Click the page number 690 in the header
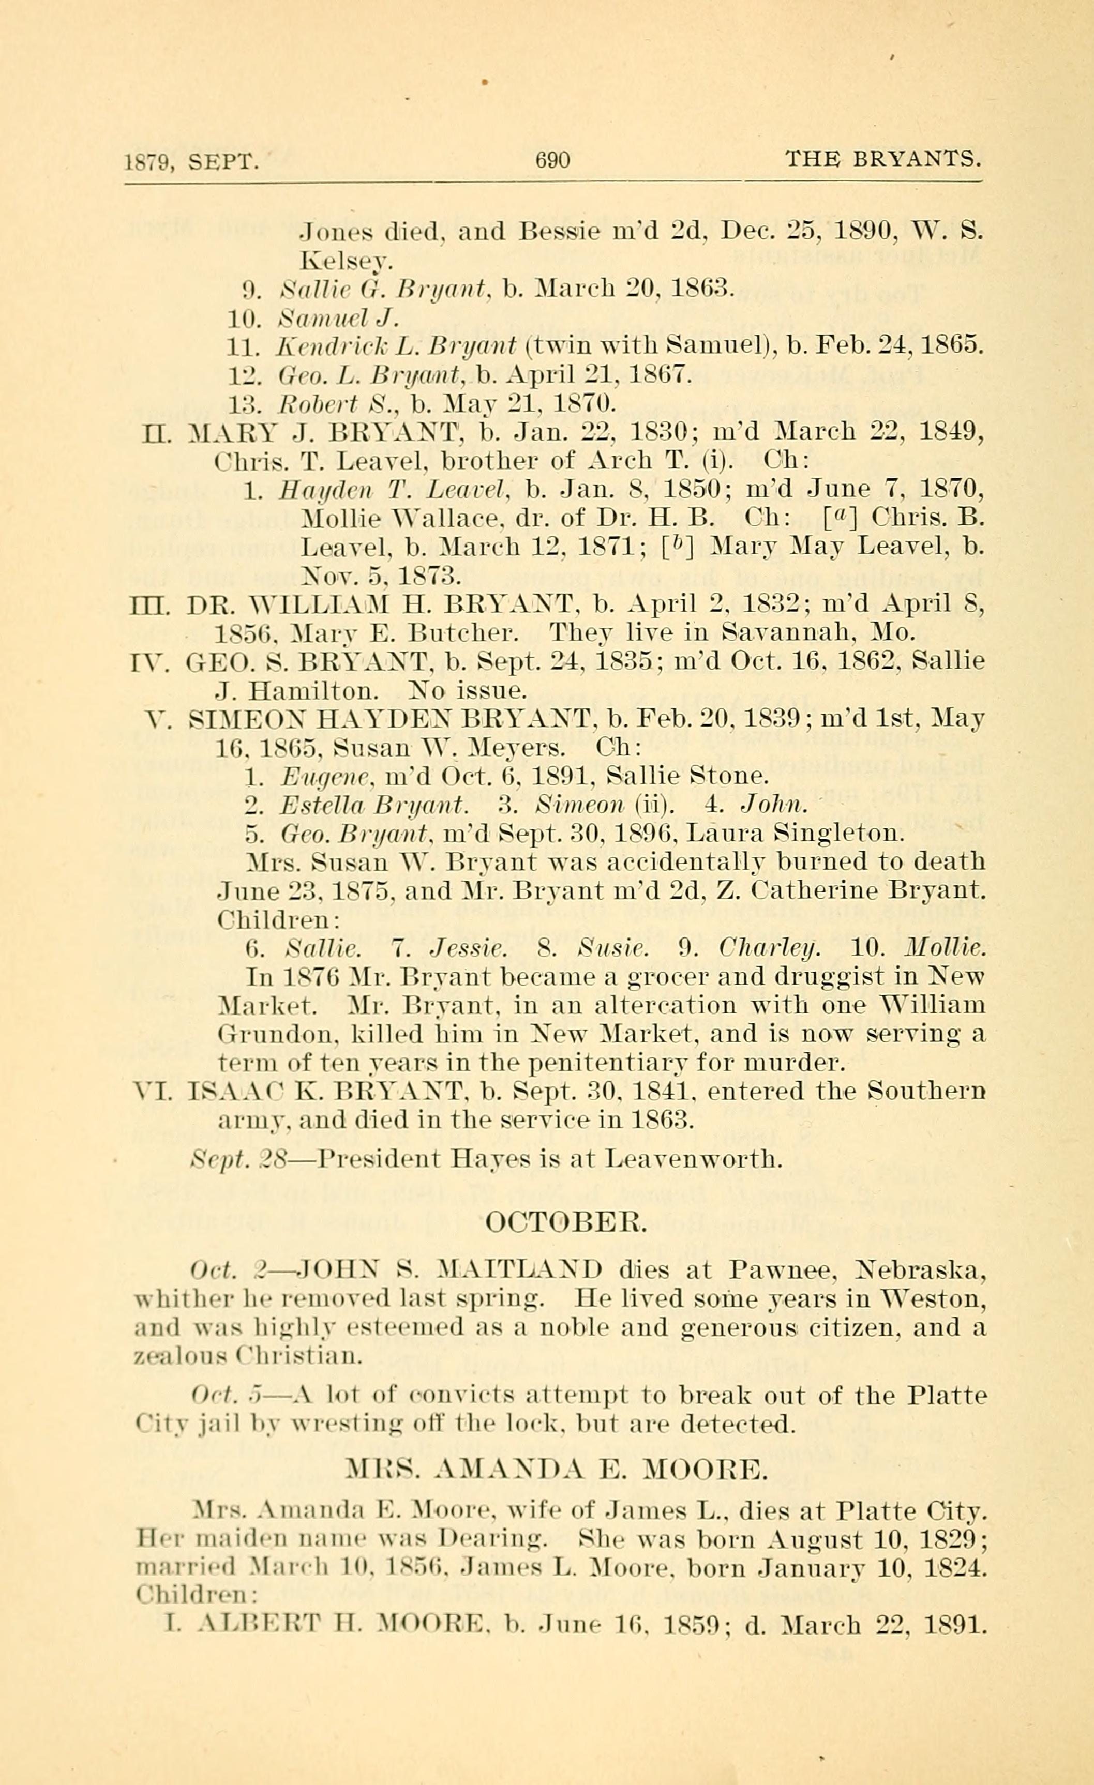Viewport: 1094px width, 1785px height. [x=552, y=159]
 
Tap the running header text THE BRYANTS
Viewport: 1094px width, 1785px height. [x=884, y=159]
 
